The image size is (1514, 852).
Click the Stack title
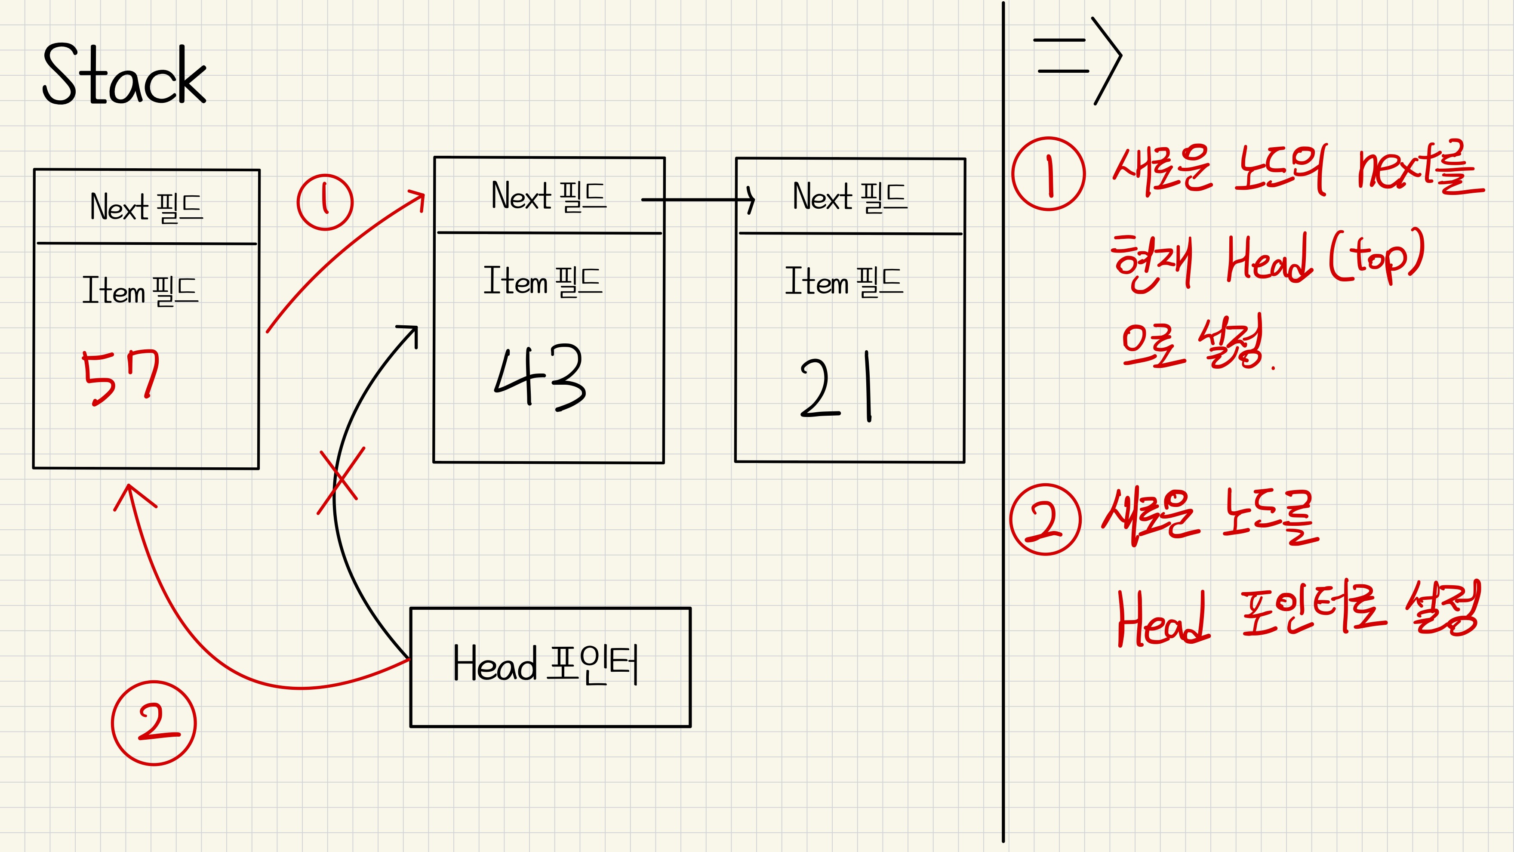pos(125,75)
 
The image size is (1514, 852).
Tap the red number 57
pos(120,377)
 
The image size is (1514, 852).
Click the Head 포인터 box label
pos(545,664)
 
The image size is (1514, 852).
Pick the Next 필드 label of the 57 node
pos(146,207)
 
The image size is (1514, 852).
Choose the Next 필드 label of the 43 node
pos(548,196)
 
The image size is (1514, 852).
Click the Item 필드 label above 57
pos(141,290)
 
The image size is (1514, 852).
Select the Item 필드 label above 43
pos(542,281)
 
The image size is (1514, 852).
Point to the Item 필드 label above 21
pos(844,281)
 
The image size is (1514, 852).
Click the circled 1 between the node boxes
pos(325,202)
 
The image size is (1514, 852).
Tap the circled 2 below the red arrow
pos(154,722)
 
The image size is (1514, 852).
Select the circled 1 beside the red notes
pos(1048,173)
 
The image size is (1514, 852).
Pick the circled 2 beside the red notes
pos(1045,519)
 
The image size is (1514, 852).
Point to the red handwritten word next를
pos(1419,169)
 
